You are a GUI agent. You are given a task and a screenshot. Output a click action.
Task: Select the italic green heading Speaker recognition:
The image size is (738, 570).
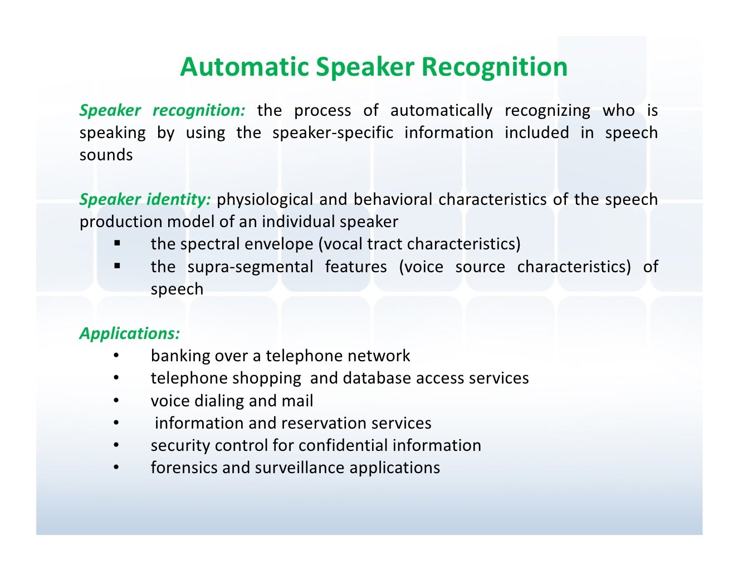(x=162, y=110)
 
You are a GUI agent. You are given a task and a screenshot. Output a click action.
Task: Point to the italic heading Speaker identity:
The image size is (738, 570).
(x=145, y=199)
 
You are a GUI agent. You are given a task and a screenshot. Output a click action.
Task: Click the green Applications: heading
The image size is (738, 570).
(x=129, y=333)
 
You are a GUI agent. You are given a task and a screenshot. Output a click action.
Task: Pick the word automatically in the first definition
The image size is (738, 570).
(x=441, y=111)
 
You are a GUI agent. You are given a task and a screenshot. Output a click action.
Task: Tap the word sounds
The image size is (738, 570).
(x=106, y=155)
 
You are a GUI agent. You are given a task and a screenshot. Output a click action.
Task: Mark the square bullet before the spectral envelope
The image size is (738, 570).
(x=117, y=243)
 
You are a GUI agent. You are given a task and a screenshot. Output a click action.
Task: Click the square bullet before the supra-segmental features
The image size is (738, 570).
(x=117, y=266)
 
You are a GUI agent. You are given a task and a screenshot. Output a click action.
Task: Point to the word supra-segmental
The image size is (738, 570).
(x=250, y=267)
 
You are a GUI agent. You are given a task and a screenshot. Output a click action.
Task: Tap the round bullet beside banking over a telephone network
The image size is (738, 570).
(x=116, y=356)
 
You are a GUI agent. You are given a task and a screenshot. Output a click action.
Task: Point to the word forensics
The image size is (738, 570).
(x=184, y=468)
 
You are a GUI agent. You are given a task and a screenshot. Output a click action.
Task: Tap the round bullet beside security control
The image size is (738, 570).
(x=116, y=445)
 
